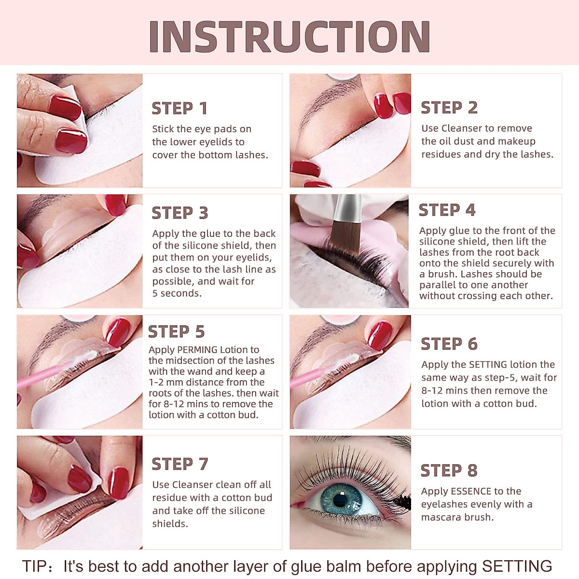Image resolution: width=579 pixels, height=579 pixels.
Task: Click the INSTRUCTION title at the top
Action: point(289,37)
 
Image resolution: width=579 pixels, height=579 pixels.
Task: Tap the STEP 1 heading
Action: point(179,109)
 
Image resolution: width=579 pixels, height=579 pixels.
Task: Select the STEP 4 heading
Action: point(447,210)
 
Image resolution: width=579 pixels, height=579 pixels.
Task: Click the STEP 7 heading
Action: point(179,464)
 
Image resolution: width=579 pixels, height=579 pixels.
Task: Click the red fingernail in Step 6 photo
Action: point(380,334)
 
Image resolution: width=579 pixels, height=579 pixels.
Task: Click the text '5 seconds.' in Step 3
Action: point(177,293)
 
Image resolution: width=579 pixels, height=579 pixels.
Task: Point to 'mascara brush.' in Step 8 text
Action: point(457,517)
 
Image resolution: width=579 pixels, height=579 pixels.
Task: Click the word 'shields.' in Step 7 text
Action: point(170,524)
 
